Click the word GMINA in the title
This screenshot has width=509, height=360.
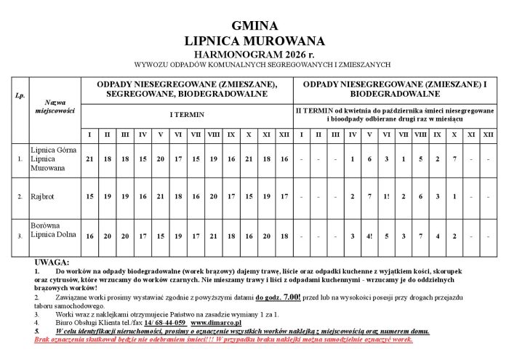(254, 26)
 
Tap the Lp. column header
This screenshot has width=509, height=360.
(20, 95)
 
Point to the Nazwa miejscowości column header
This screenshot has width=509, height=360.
(55, 107)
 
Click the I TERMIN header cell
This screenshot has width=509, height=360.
(187, 115)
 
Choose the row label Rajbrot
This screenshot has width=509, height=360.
(43, 196)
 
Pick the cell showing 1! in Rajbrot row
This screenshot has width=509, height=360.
(386, 196)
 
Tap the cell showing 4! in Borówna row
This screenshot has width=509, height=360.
(369, 236)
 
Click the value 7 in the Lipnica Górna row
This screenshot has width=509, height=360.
(454, 159)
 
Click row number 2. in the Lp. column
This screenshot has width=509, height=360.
(20, 197)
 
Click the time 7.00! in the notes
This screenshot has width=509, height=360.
(291, 297)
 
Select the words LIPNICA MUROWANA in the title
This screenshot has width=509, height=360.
(254, 41)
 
